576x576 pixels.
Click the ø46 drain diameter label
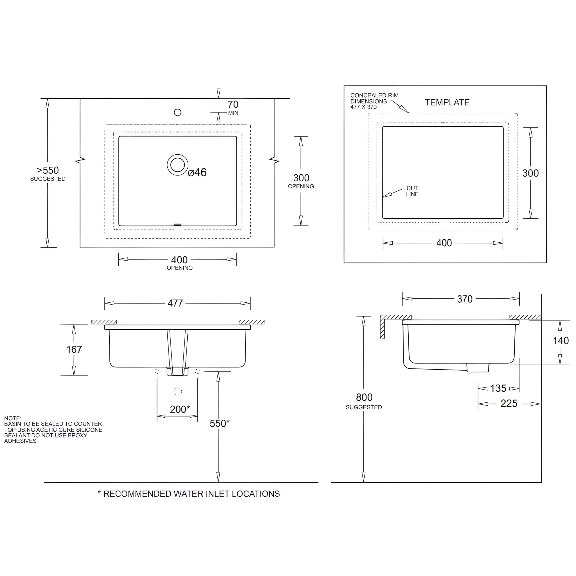click(197, 172)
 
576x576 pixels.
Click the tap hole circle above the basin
click(177, 112)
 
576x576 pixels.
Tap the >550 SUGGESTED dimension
click(48, 173)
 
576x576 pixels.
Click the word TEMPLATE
click(447, 102)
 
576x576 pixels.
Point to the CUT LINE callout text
click(412, 191)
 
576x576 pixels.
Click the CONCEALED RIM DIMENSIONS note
click(374, 101)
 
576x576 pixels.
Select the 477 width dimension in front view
click(175, 303)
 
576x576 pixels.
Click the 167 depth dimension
click(74, 349)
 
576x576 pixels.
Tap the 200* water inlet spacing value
click(179, 409)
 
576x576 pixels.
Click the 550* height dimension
click(219, 423)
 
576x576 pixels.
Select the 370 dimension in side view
click(465, 299)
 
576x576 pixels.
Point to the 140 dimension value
click(561, 341)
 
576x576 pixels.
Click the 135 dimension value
click(498, 388)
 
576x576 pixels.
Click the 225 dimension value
click(508, 403)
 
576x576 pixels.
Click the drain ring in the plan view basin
click(177, 165)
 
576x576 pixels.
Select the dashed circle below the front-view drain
click(178, 391)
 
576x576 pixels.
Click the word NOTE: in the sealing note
click(13, 418)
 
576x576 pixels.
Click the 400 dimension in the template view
click(444, 243)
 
